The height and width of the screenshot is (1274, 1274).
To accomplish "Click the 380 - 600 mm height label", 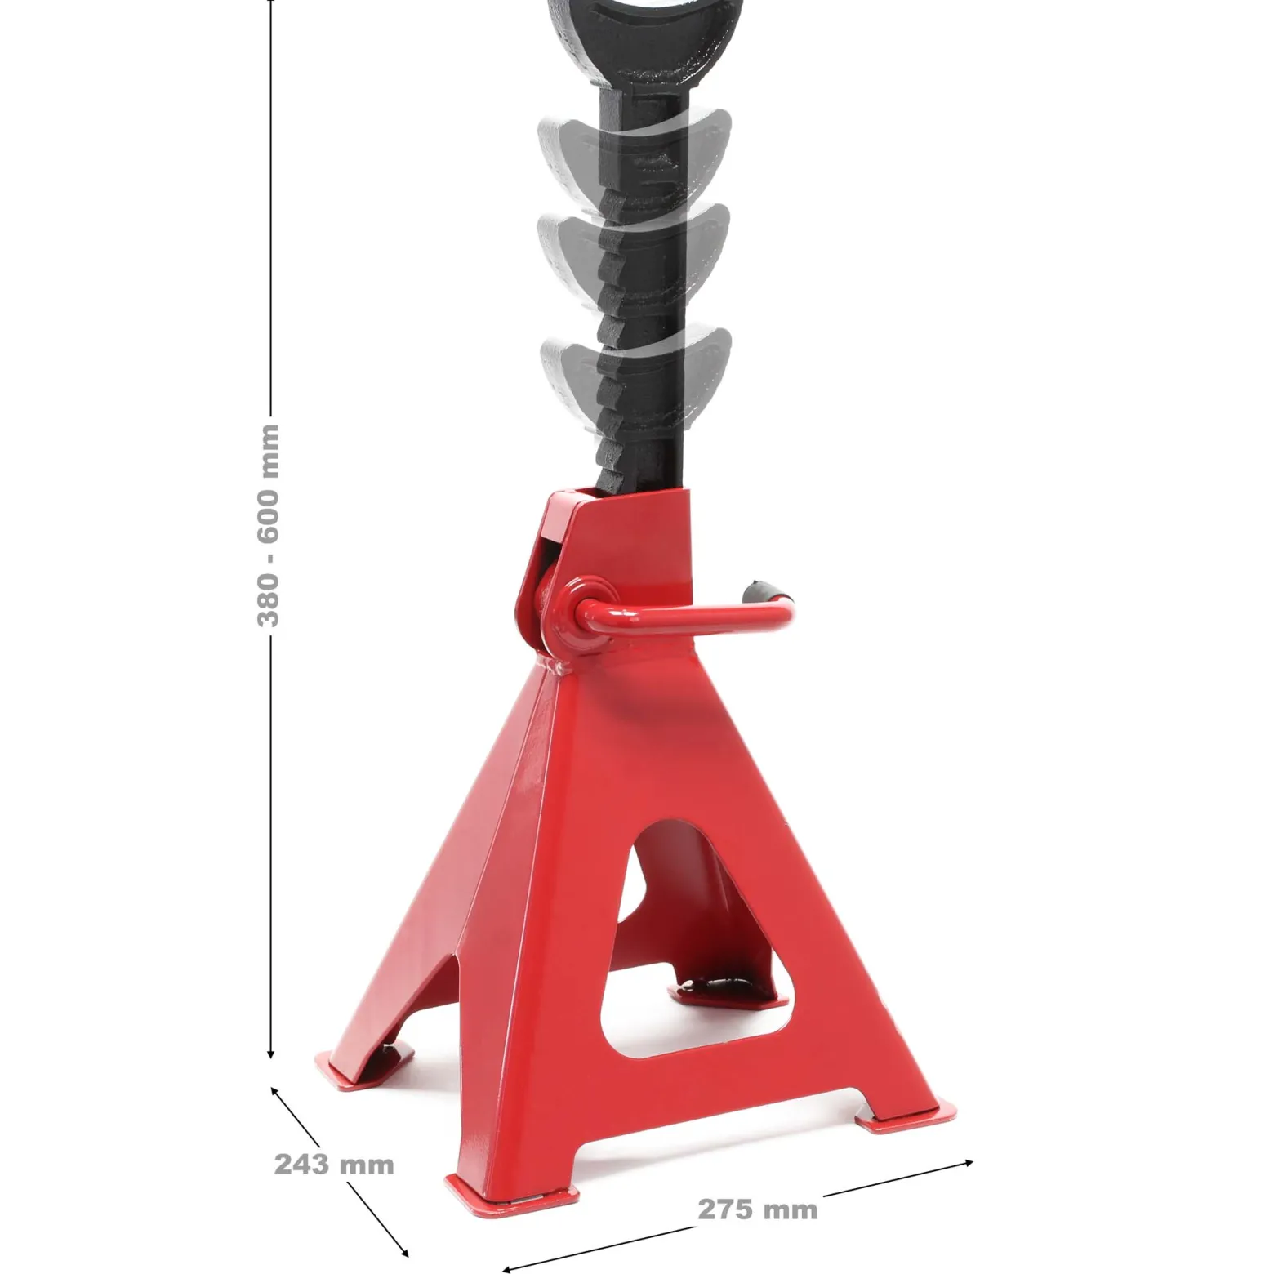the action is [269, 525].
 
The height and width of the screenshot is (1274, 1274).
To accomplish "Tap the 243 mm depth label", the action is [334, 1163].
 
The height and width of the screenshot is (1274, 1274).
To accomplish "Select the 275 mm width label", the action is [757, 1209].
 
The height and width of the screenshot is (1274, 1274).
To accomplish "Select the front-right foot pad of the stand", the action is [906, 1114].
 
